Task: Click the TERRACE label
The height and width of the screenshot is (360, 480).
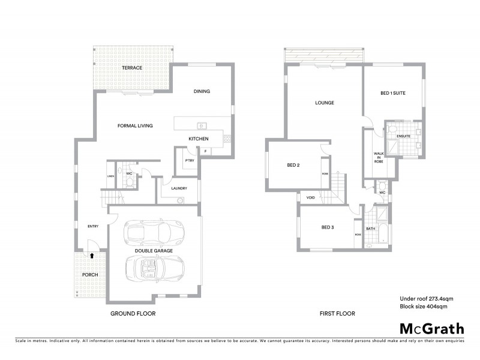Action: [133, 68]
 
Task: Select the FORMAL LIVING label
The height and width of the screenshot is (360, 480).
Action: [135, 126]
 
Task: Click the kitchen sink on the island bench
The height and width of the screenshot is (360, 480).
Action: [202, 126]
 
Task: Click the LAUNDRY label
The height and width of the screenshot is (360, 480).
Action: [179, 188]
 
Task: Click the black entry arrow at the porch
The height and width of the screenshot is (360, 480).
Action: [92, 254]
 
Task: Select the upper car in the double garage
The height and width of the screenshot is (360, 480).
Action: [153, 231]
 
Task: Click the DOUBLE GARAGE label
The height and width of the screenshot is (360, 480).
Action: [154, 250]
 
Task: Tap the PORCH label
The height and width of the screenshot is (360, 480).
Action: [90, 275]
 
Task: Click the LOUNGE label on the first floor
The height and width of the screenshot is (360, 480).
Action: [324, 103]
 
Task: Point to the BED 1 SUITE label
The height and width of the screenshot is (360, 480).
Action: [394, 94]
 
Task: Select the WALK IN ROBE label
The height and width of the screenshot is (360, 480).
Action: [378, 158]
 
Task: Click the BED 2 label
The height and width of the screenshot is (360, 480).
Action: [293, 165]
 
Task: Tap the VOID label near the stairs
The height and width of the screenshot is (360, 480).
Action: [311, 197]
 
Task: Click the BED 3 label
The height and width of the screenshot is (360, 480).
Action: [327, 227]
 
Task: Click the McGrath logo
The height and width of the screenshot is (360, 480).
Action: [431, 328]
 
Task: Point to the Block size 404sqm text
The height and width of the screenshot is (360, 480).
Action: [424, 307]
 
